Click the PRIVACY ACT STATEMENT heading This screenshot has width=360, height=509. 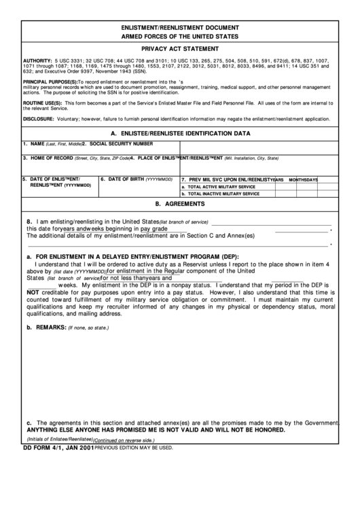click(179, 50)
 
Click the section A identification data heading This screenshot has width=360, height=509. click(180, 134)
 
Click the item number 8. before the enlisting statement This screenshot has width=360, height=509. click(29, 222)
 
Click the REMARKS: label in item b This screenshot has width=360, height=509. click(50, 327)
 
